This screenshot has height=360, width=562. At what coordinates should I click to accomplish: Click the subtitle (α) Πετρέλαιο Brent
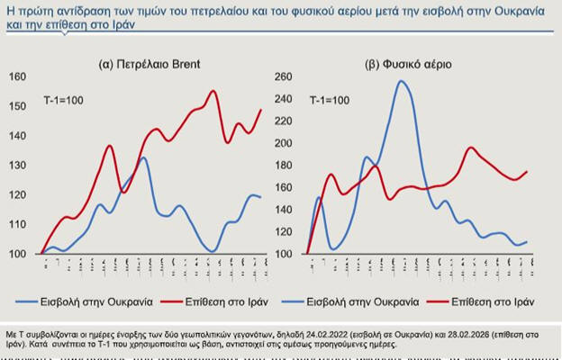(149, 65)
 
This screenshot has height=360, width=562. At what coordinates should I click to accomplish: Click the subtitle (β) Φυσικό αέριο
(408, 65)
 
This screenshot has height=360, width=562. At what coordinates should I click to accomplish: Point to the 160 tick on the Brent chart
(20, 76)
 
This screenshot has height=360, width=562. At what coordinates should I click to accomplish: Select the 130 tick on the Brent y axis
(20, 165)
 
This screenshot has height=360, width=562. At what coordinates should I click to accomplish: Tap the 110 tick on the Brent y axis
(20, 224)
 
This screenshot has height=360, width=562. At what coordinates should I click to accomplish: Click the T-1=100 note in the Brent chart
(66, 96)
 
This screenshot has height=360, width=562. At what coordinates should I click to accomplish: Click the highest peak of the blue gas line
(401, 82)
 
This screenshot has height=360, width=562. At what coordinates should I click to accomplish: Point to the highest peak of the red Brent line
(213, 91)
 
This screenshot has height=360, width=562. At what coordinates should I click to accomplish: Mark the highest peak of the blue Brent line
(144, 158)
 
